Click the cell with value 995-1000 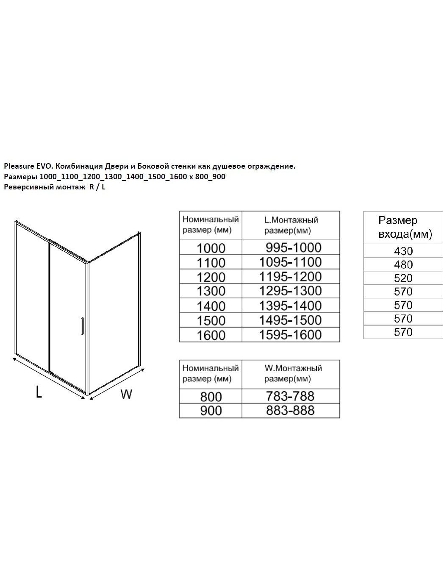[x=291, y=247]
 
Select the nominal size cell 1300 [x=211, y=291]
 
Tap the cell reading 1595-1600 [x=291, y=335]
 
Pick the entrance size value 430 [x=403, y=251]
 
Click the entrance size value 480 [x=403, y=264]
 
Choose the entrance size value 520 [x=403, y=278]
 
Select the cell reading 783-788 [x=291, y=396]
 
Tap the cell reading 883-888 [x=291, y=410]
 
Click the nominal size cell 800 [x=211, y=397]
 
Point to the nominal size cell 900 [x=211, y=411]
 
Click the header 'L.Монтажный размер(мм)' [x=291, y=225]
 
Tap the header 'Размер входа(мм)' [x=403, y=227]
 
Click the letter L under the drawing [x=39, y=392]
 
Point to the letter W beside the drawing [x=126, y=394]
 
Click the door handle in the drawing [x=83, y=326]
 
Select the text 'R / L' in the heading [x=97, y=187]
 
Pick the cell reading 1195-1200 [x=291, y=277]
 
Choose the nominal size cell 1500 [x=211, y=320]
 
